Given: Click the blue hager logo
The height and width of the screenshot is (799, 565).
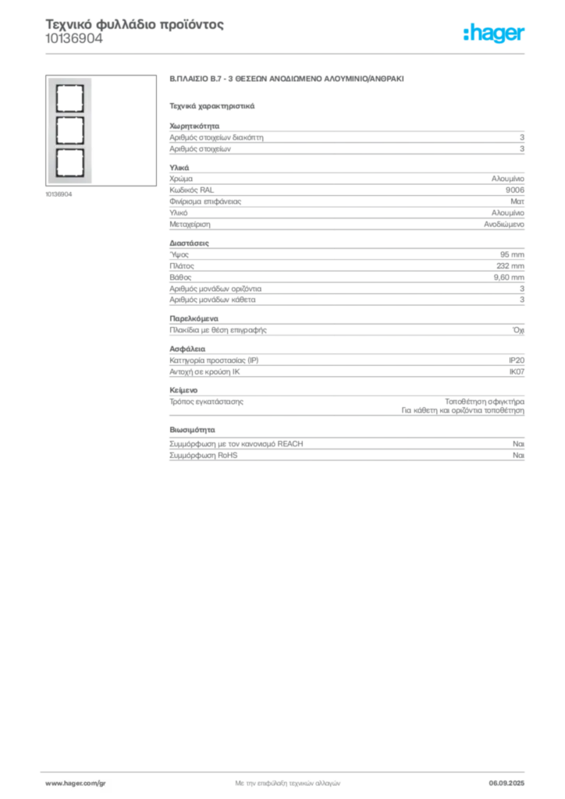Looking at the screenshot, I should point(495,34).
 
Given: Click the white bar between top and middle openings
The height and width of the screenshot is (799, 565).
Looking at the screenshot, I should point(69,113).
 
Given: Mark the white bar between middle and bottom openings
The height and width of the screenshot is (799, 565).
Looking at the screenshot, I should point(69,146).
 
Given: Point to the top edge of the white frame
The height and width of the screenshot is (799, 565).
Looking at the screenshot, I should point(69,80).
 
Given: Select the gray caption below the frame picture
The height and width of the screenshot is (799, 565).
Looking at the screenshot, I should point(59,194).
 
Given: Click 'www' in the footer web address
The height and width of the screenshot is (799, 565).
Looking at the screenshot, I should point(53,783).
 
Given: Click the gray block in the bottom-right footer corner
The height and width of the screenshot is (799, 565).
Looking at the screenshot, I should point(513,778).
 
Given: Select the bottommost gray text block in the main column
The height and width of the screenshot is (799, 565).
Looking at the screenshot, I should point(346,444).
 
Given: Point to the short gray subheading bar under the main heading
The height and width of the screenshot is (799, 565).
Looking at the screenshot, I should point(211,105).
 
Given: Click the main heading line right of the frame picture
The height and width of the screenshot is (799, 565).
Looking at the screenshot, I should point(286,81).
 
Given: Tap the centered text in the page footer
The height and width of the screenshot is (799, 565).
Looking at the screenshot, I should point(286,779).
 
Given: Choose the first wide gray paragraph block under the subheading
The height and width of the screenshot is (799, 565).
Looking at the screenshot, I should point(346,138).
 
